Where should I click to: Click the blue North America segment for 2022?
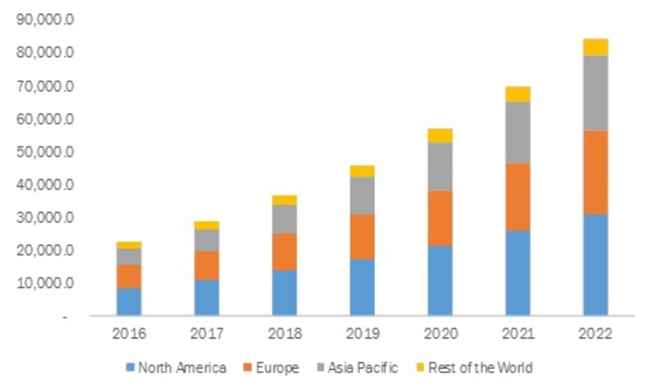click(595, 264)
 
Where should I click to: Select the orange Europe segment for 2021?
click(517, 196)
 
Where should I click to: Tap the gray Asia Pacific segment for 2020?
click(440, 167)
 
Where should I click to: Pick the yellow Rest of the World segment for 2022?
click(595, 47)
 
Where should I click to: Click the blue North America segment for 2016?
click(129, 301)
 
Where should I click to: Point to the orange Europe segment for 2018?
click(284, 251)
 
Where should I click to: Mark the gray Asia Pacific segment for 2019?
click(362, 196)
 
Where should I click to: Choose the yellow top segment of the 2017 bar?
click(206, 225)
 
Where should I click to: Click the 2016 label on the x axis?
click(129, 335)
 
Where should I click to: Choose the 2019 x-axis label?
click(362, 335)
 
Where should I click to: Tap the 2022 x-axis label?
click(595, 335)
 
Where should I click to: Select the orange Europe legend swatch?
click(247, 367)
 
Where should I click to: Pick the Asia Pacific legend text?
click(364, 367)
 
